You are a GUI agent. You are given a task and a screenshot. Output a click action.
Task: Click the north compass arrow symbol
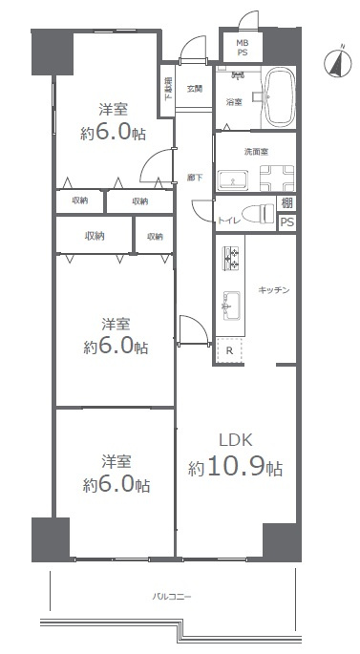tap(335, 62)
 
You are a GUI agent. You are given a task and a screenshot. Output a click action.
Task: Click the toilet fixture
tap(256, 213)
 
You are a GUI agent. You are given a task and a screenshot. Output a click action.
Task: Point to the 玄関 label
tap(194, 89)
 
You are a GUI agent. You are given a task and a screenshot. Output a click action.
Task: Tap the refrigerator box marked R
tap(230, 350)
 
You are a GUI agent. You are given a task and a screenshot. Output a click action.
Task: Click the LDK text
tap(235, 441)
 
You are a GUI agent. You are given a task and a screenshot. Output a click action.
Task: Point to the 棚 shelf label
tap(287, 203)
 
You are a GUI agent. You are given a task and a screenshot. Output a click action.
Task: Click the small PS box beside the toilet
tap(286, 223)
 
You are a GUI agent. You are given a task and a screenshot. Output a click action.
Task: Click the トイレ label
tap(228, 221)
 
